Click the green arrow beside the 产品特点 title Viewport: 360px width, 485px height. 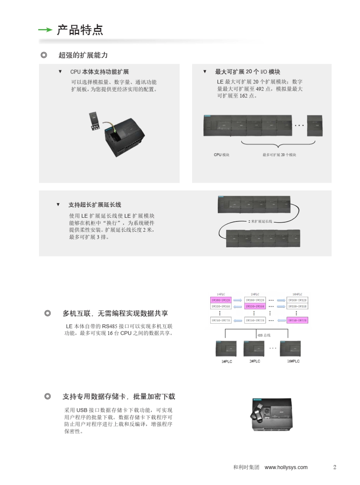point(45,30)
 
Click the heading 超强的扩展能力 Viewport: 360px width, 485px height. point(83,55)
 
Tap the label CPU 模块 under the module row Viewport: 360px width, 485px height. point(221,155)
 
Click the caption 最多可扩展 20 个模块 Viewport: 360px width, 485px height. point(279,155)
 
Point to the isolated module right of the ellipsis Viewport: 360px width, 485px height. point(315,126)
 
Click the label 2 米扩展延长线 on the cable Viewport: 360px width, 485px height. point(260,221)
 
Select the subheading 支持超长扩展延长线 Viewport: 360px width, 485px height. point(95,205)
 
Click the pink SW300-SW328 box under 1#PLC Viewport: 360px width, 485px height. point(221,300)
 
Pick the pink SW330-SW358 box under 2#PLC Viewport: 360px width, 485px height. point(255,306)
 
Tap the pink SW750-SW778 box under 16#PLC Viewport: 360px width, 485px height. point(297,320)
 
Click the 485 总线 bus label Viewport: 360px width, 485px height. point(264,335)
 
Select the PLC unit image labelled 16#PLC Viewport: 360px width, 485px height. point(290,348)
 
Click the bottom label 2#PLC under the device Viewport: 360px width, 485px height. point(255,362)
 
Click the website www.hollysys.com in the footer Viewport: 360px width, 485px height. point(286,468)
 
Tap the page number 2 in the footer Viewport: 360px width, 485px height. point(335,467)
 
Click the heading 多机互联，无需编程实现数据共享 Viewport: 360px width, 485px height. point(115,313)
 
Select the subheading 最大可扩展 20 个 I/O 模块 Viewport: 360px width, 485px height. point(247,72)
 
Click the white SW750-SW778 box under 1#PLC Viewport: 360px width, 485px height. point(221,320)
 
